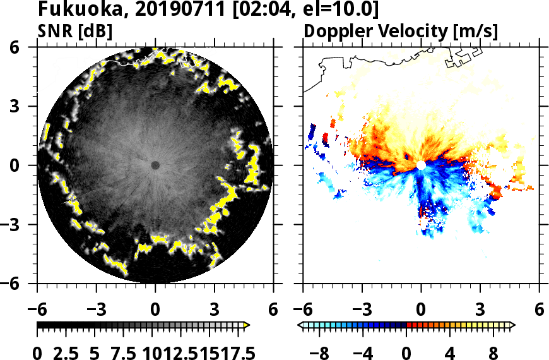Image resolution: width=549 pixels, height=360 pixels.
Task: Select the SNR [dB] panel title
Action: click(x=74, y=31)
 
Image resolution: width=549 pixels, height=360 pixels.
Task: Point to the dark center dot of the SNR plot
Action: click(x=155, y=165)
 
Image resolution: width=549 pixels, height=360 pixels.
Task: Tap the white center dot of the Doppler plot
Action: click(x=421, y=165)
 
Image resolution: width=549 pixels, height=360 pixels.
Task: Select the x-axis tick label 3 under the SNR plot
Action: click(x=215, y=310)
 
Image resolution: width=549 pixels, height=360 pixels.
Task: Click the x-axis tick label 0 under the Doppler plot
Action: click(x=421, y=310)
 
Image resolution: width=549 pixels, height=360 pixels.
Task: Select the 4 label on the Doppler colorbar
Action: click(x=449, y=352)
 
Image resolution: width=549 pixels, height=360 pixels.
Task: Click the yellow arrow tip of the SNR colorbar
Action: click(x=247, y=325)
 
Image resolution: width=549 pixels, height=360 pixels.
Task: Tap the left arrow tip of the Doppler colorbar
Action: click(x=300, y=325)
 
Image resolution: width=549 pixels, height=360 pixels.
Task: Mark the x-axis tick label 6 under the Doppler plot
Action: click(x=539, y=310)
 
